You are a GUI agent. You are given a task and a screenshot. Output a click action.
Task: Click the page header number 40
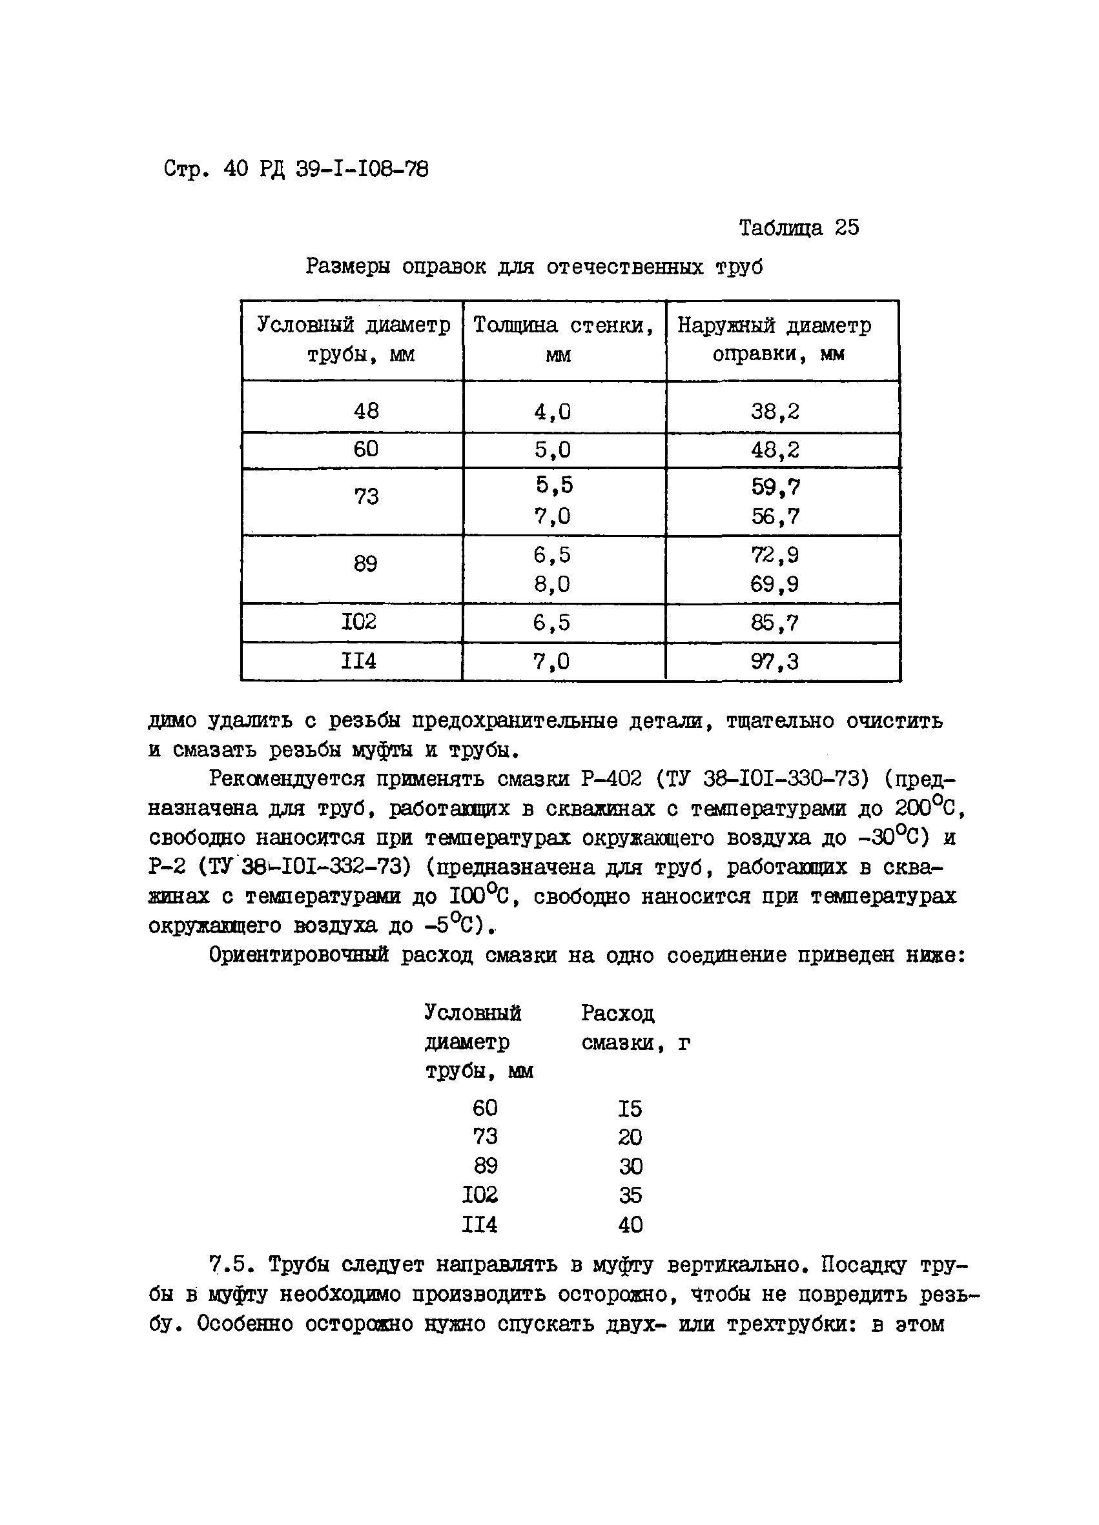tap(236, 169)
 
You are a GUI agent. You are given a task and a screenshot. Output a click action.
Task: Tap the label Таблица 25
tap(798, 228)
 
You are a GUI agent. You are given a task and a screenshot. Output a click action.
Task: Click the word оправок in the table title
tap(443, 267)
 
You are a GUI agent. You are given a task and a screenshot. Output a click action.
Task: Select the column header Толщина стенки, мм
tap(563, 339)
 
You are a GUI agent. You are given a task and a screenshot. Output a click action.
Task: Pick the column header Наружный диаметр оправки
tap(774, 339)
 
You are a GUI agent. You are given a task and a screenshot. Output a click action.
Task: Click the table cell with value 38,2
tap(775, 411)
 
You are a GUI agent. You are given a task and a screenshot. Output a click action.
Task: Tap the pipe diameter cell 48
tap(366, 410)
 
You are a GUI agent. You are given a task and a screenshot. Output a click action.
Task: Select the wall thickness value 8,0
tap(551, 583)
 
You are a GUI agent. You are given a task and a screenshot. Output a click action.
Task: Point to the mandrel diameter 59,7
tap(775, 486)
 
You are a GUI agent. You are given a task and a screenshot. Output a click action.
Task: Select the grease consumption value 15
tap(630, 1108)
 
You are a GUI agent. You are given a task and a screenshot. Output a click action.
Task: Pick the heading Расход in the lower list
tap(617, 1013)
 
